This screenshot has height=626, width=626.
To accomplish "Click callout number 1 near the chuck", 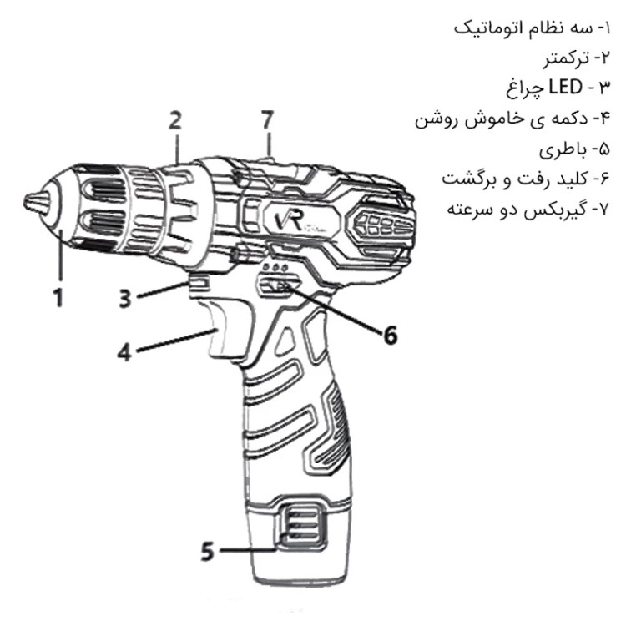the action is point(58,298).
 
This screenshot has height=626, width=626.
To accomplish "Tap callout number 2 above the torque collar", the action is point(175,120).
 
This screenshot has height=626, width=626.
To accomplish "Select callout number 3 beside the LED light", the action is point(124,298).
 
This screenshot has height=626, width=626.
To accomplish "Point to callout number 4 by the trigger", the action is point(124,352).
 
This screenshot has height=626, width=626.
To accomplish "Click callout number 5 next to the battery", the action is point(207,552).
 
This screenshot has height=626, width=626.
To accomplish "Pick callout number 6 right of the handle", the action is point(390,335).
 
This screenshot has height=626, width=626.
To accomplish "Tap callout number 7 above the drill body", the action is point(267,120).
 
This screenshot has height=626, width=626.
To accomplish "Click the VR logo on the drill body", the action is point(290,220).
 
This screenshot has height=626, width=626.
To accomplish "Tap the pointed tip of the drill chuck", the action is point(26,203).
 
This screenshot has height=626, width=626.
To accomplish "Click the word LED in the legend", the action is point(565,87).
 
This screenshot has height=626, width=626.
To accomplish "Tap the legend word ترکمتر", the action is point(565,59).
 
